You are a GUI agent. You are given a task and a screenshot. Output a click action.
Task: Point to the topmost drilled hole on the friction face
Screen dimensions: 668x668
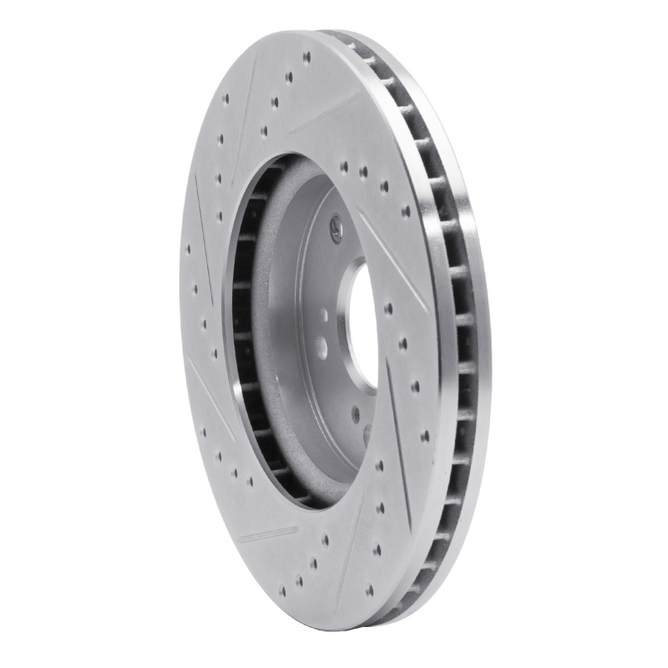tap(306, 58)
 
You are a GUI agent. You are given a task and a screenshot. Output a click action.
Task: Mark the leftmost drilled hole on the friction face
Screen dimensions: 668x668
tap(189, 248)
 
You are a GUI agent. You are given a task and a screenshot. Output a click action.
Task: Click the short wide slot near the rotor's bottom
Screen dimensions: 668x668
tap(267, 534)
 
